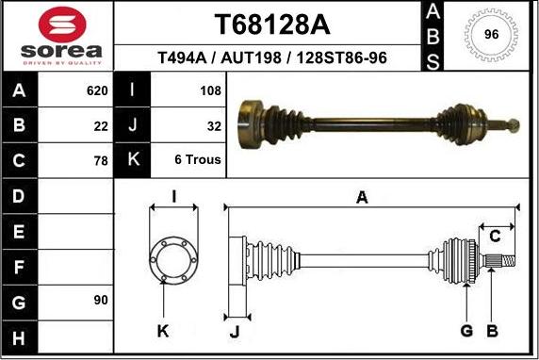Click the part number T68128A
(x=271, y=23)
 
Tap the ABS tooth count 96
(x=491, y=35)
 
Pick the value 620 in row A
(x=97, y=91)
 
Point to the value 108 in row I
(x=210, y=91)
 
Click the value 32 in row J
(x=214, y=125)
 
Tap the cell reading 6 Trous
(x=198, y=160)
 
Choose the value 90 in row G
(x=101, y=300)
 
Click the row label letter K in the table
(x=133, y=160)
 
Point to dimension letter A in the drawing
(x=362, y=196)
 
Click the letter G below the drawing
(x=465, y=330)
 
